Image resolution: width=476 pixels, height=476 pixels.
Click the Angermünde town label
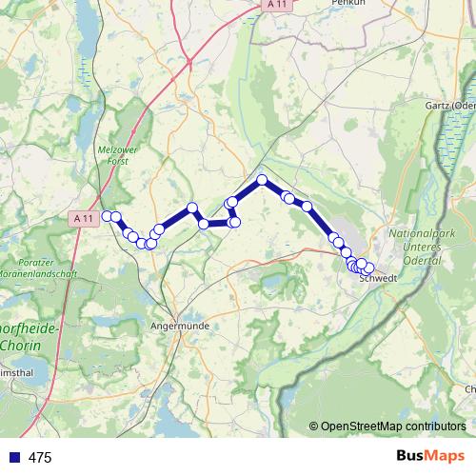click(x=180, y=326)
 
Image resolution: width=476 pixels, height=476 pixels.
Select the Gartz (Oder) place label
click(x=449, y=104)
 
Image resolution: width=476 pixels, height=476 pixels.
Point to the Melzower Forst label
click(x=120, y=155)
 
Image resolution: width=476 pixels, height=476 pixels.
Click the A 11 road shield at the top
click(x=277, y=6)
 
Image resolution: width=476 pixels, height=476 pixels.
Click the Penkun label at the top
click(x=342, y=4)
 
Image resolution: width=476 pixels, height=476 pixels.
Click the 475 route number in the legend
click(x=40, y=458)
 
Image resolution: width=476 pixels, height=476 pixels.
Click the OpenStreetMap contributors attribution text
click(x=392, y=427)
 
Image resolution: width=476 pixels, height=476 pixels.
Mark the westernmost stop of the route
click(x=107, y=216)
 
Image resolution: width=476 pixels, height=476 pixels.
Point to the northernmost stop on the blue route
click(x=262, y=180)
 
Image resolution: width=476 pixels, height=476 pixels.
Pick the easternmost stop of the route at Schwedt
click(x=369, y=268)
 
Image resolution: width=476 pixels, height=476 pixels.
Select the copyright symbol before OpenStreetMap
click(x=314, y=427)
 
